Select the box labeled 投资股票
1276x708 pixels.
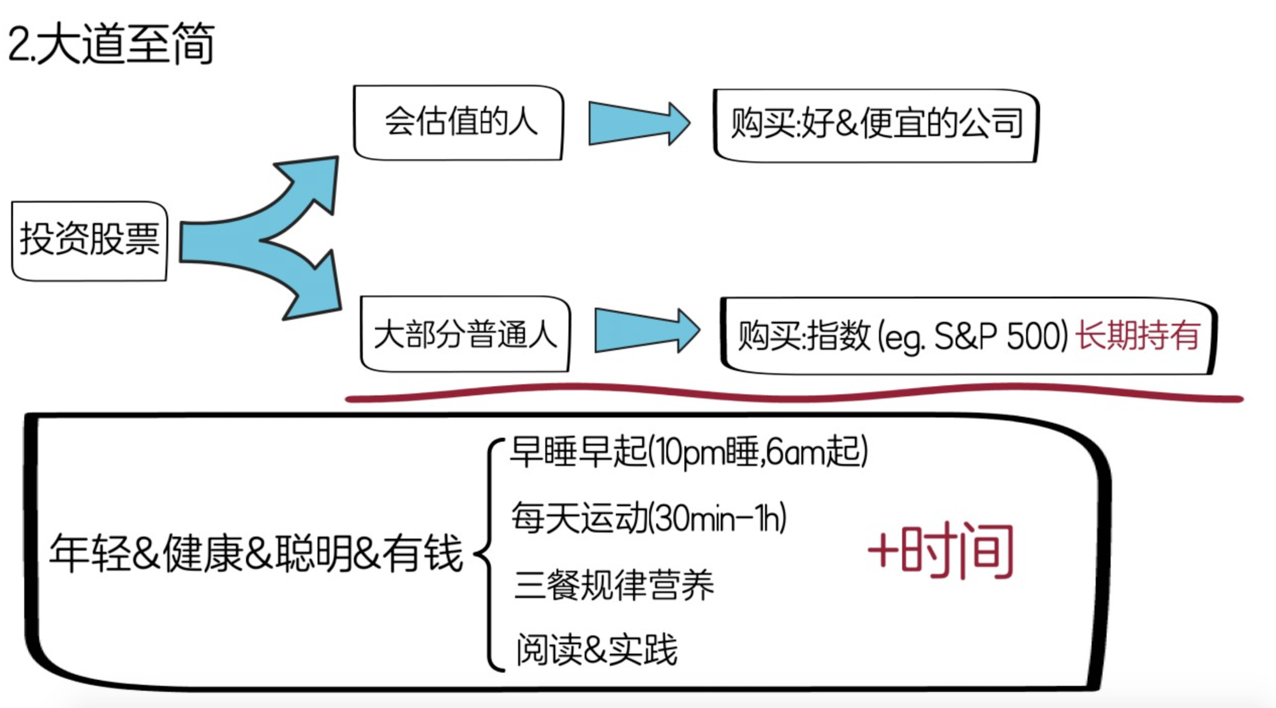[89, 240]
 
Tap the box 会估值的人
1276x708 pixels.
[459, 122]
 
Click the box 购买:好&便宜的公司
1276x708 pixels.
[875, 124]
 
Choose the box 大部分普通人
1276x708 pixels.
[464, 334]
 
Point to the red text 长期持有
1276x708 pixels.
[1138, 335]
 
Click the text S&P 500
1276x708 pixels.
[1000, 336]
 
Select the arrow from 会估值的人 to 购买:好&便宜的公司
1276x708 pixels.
[638, 123]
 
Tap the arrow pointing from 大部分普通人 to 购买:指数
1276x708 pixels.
[646, 331]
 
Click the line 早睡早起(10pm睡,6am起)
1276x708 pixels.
[689, 451]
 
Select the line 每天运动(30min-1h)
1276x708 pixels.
[648, 518]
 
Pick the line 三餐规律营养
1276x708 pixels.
[614, 585]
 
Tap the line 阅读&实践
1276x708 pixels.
[597, 650]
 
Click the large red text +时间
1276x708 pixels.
[941, 550]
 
